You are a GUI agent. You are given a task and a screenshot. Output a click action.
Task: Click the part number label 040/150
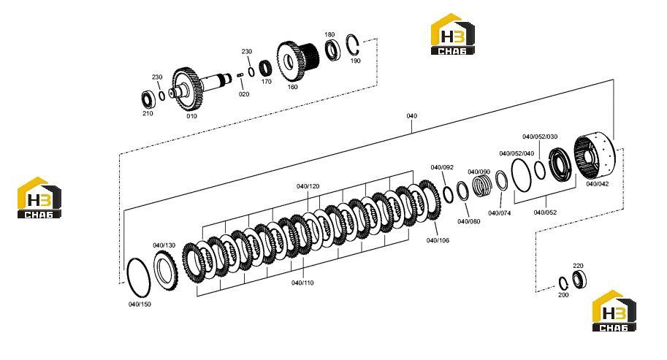click(140, 305)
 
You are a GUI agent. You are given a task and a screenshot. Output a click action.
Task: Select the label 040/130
click(164, 245)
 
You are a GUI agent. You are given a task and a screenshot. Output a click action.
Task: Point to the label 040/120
click(308, 186)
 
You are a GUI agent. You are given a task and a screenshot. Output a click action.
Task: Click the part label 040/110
click(302, 283)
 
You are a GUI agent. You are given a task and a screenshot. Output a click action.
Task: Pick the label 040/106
click(438, 240)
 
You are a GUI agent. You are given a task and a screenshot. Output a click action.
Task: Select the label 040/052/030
click(540, 137)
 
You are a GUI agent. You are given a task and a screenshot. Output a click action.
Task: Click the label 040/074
click(500, 213)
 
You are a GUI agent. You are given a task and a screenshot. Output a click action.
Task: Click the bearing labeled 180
click(332, 50)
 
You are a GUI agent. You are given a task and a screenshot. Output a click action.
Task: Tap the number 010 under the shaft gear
click(191, 115)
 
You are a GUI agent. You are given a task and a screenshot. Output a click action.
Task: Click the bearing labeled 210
click(148, 99)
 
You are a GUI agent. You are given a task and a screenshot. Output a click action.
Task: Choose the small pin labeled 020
click(240, 75)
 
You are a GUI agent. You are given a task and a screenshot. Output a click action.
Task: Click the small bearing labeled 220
click(579, 279)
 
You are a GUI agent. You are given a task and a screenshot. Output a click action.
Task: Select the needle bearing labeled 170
click(266, 67)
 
